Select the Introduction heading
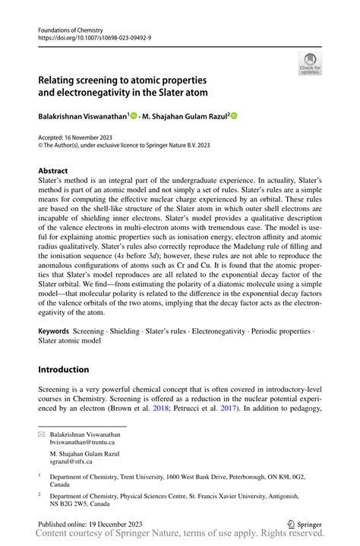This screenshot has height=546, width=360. (x=64, y=370)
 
